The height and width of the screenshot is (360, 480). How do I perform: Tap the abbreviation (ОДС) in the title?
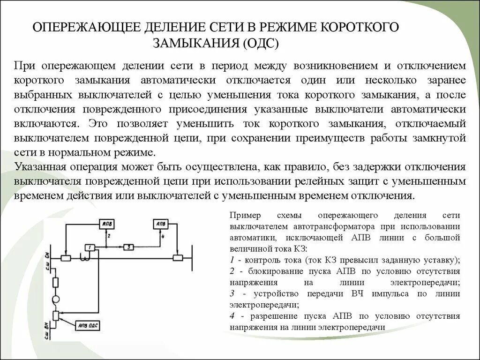(261, 44)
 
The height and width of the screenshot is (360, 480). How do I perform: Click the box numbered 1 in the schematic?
(90, 247)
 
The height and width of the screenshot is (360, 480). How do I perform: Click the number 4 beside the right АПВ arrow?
(162, 236)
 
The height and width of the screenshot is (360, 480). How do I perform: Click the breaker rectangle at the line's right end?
(178, 257)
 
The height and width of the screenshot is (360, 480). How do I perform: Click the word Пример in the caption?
(244, 216)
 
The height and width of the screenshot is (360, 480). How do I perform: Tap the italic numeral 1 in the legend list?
(232, 260)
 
